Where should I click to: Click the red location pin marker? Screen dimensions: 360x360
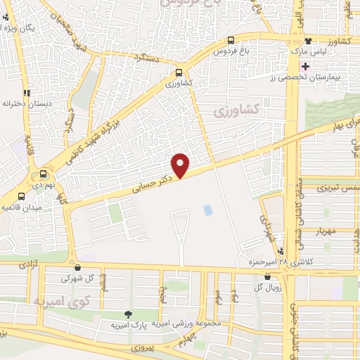click(x=181, y=165)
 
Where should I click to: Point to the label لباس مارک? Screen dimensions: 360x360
click(x=311, y=53)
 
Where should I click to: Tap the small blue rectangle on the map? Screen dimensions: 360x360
click(x=207, y=210)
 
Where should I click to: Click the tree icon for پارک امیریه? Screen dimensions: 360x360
click(x=127, y=314)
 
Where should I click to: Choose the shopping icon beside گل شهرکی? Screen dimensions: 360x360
click(x=77, y=267)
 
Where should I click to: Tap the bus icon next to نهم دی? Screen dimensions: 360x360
click(x=44, y=175)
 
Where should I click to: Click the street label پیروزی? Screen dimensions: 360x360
click(x=146, y=348)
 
